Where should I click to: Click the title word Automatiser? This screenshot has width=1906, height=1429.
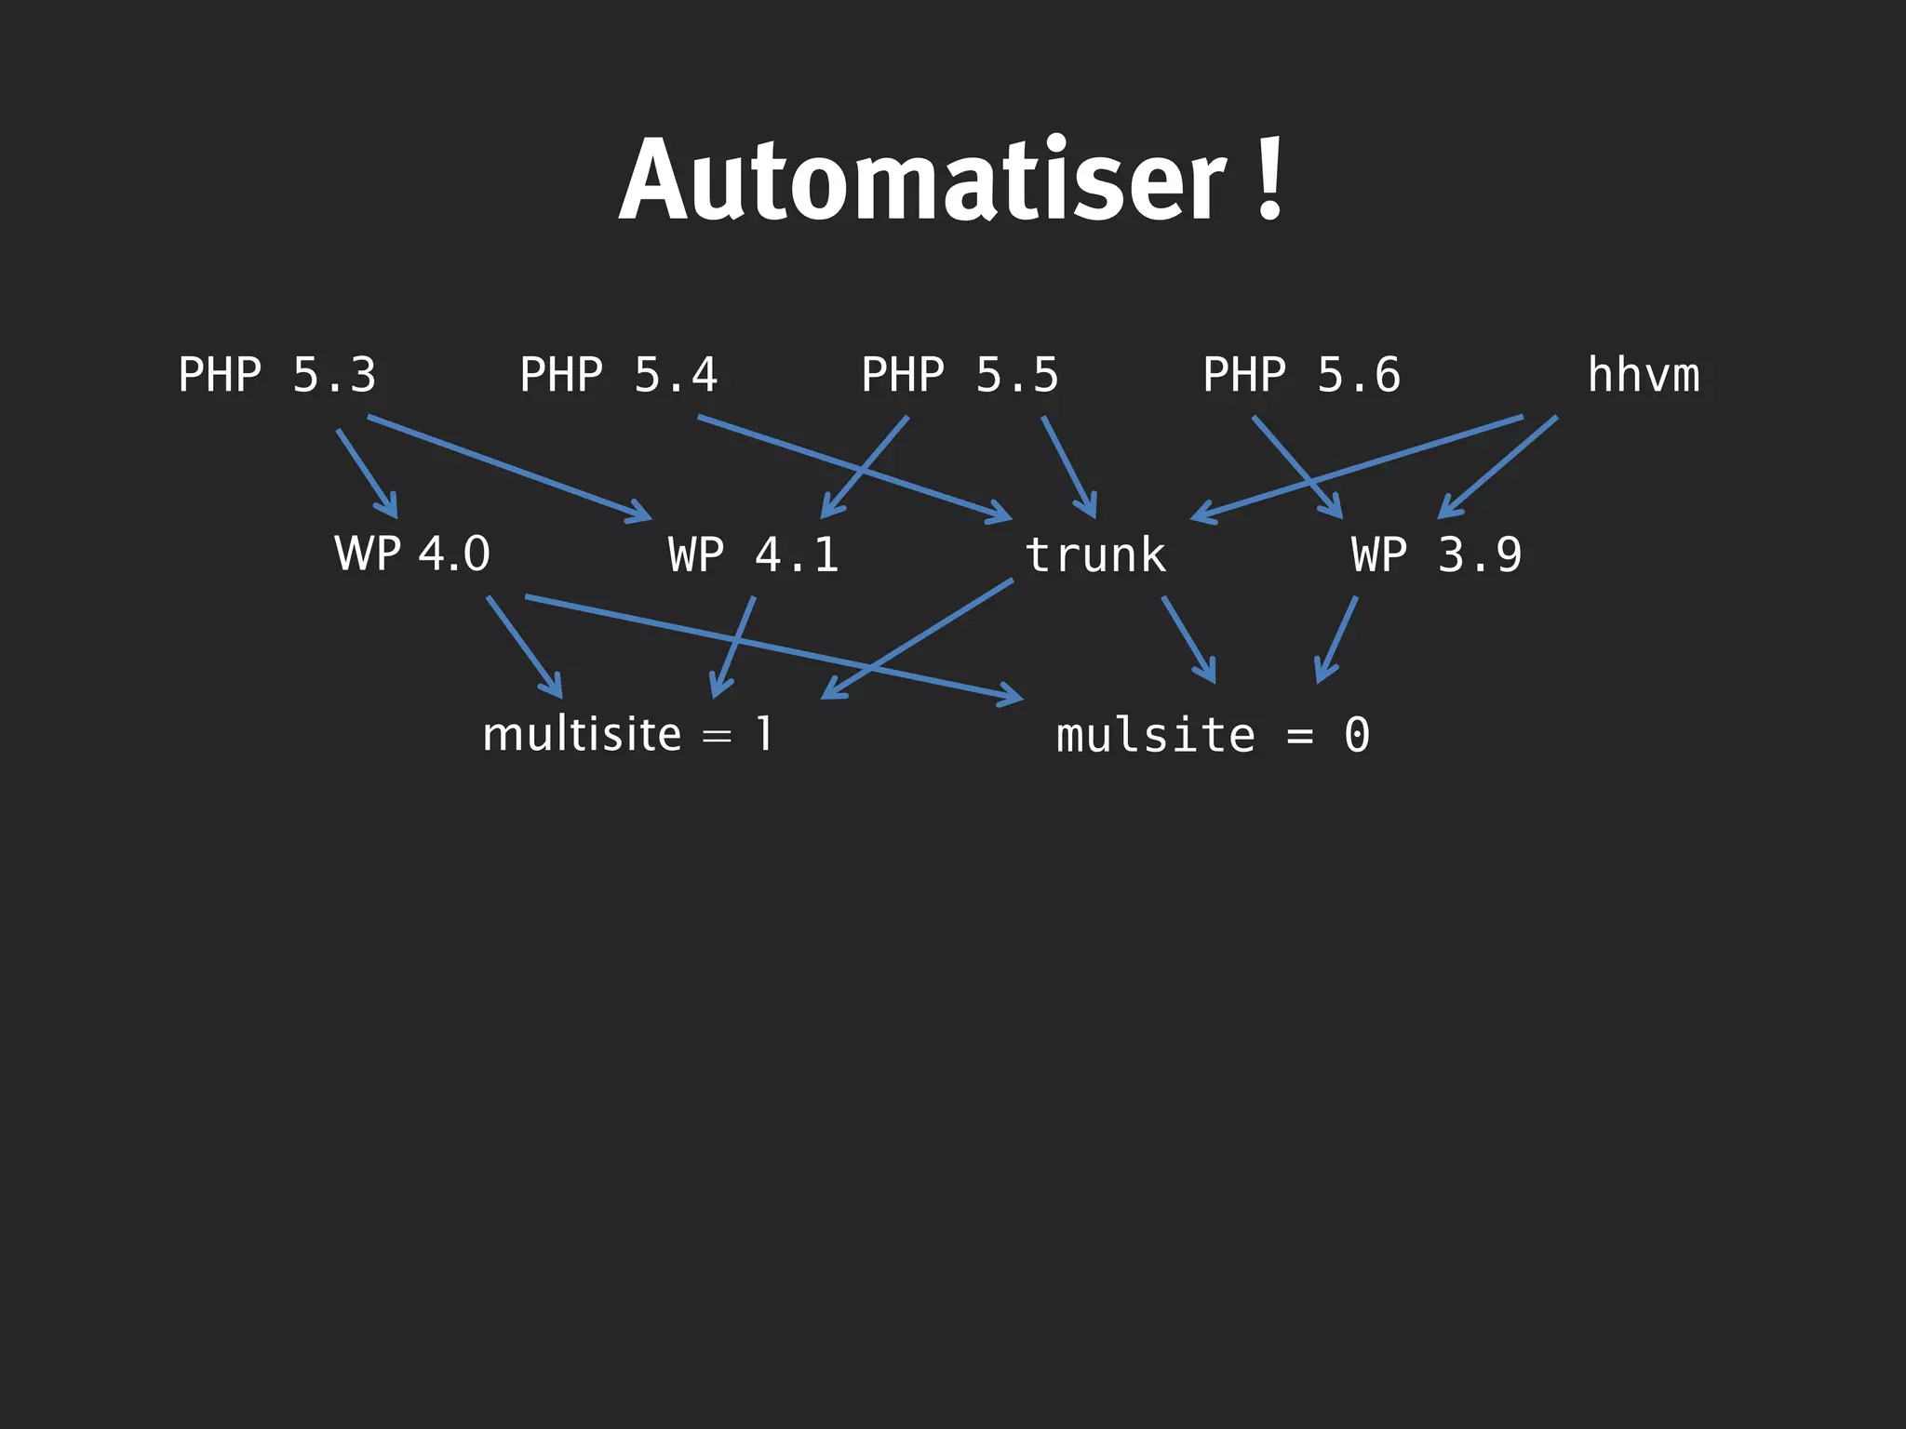(921, 181)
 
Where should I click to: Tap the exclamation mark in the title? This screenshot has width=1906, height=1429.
(1269, 179)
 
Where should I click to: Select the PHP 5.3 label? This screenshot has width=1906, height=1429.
(276, 375)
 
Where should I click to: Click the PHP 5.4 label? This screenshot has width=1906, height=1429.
(618, 375)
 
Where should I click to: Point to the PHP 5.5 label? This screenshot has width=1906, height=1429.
(960, 375)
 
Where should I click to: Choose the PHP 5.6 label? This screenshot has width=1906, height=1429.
(1301, 375)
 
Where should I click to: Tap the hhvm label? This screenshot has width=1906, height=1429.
(1644, 375)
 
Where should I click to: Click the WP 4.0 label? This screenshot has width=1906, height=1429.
(412, 554)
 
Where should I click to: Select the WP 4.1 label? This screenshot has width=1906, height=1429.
(754, 554)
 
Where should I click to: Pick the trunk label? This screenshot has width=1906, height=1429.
(1095, 554)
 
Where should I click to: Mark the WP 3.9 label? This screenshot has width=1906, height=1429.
(1437, 554)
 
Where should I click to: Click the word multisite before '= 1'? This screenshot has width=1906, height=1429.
(583, 734)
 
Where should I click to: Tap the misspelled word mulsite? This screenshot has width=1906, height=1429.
(1156, 735)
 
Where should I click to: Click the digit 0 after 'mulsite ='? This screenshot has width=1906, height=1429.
(1357, 735)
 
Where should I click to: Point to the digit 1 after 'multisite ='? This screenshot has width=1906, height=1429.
(764, 734)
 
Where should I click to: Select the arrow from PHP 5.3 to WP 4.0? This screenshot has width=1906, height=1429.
(367, 473)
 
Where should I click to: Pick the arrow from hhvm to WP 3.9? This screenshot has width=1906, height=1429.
(1498, 467)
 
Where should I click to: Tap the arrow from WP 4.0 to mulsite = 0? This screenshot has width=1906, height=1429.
(772, 647)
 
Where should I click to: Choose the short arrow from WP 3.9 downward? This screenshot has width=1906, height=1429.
(1336, 640)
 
